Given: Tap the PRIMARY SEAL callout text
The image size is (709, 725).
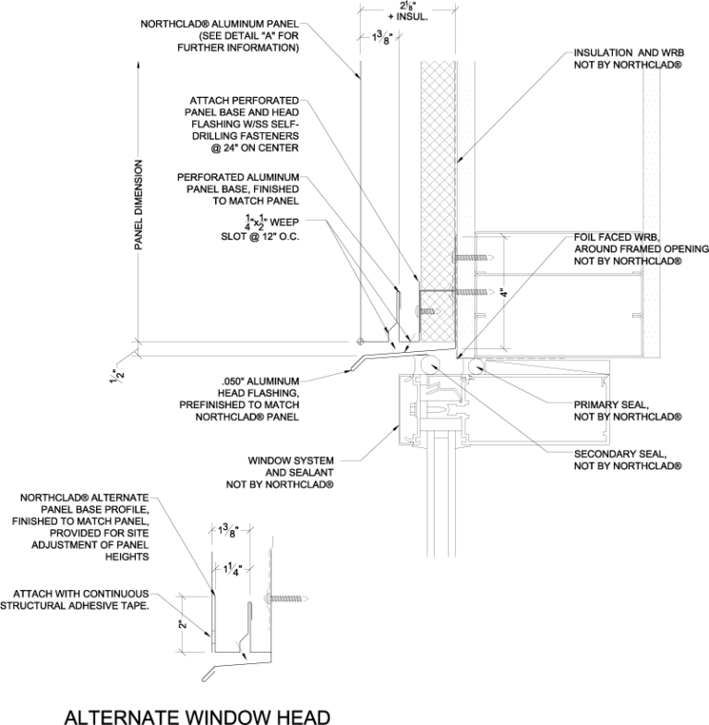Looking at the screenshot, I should [x=627, y=410].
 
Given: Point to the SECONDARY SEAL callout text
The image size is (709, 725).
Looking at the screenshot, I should [x=627, y=459].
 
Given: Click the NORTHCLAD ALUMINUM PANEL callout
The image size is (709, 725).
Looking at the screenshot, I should [x=221, y=34].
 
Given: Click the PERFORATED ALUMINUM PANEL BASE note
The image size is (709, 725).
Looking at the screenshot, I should [x=246, y=187].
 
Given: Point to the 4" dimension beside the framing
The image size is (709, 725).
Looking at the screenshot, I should [x=503, y=295].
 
